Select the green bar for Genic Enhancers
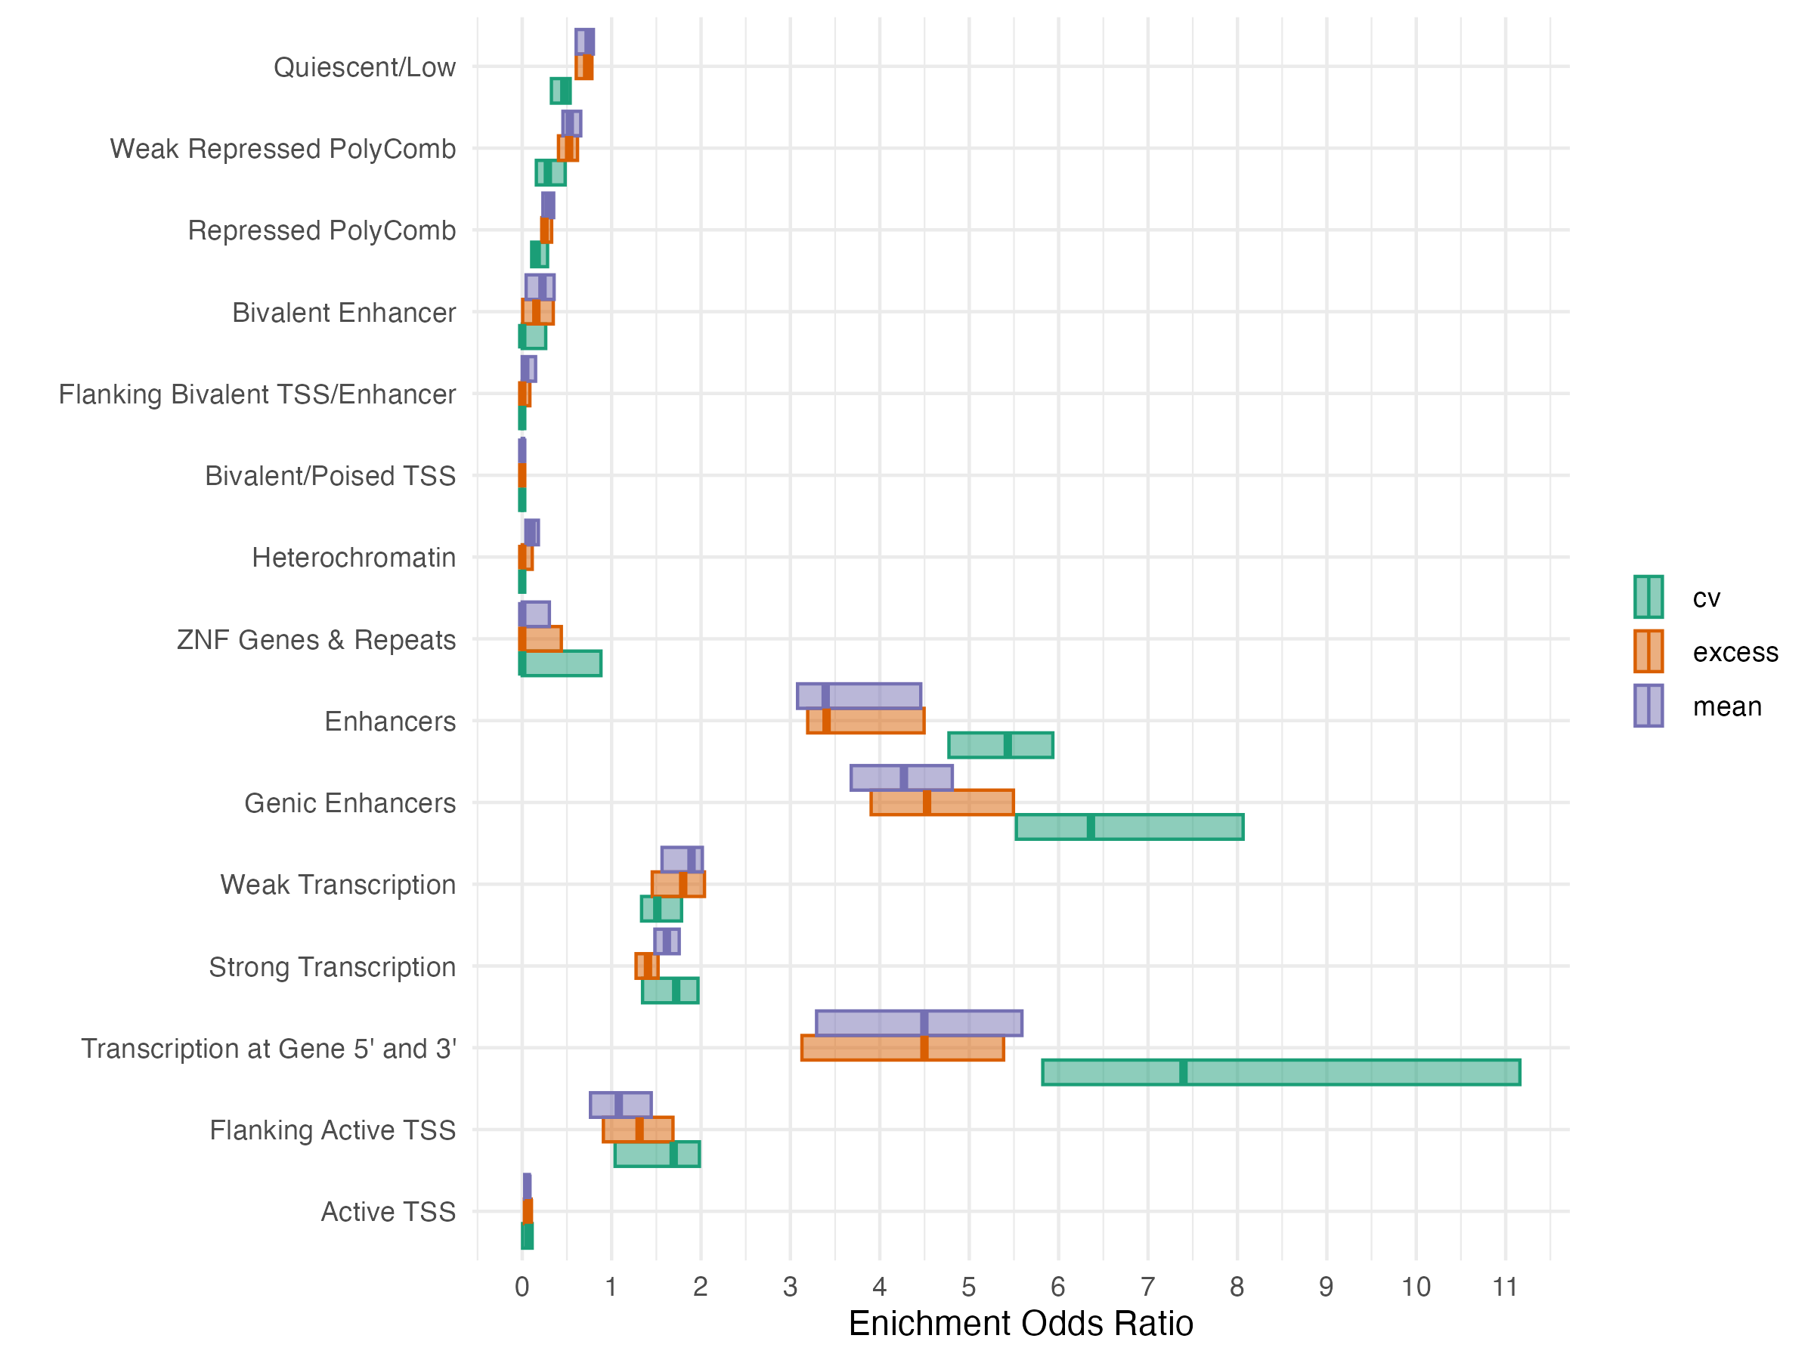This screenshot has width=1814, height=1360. tap(1129, 827)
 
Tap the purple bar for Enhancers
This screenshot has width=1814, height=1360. tap(859, 696)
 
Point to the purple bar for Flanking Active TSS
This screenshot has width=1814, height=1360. tap(621, 1105)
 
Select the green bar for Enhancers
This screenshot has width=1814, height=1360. tap(1001, 745)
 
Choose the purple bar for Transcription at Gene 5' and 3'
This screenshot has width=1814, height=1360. tap(919, 1023)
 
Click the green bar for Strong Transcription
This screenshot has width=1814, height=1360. tap(670, 991)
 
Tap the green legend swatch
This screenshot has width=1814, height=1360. tap(1648, 597)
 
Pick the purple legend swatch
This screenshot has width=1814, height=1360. tap(1648, 706)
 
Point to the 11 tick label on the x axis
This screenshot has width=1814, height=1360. tap(1505, 1287)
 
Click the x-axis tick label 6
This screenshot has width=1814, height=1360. tap(1058, 1287)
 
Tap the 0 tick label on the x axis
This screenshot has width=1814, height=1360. tap(522, 1287)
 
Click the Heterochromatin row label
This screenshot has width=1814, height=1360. tap(354, 558)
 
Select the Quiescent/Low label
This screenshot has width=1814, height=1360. tap(364, 67)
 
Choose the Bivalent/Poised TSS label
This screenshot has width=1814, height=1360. tap(330, 475)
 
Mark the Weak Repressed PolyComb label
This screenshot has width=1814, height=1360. tap(283, 148)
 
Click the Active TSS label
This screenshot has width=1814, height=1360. tap(388, 1212)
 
